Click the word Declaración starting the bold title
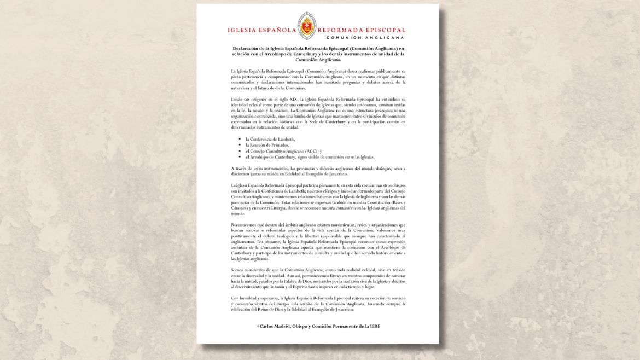pos(246,49)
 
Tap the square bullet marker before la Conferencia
pos(240,139)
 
